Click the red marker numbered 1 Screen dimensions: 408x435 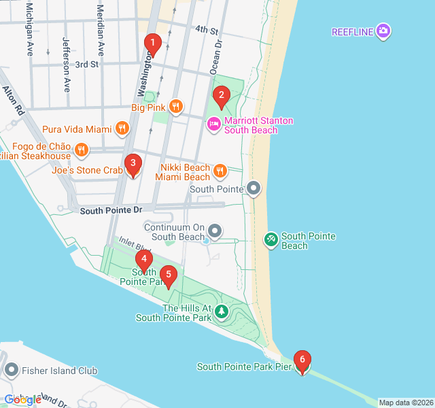coord(152,46)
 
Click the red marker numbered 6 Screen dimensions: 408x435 coord(302,361)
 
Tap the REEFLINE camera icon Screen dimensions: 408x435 coord(384,31)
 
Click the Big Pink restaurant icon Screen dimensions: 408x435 coord(176,105)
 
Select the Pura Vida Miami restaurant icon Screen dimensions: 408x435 coord(122,128)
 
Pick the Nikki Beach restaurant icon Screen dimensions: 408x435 coord(220,171)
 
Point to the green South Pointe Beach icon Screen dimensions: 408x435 coord(271,239)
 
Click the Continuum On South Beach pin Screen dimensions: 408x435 coord(215,232)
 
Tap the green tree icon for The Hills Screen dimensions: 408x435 coord(222,312)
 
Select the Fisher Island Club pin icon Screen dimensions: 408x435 coord(11,371)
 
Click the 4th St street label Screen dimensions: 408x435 coord(206,31)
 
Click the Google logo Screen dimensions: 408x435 coord(22,400)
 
